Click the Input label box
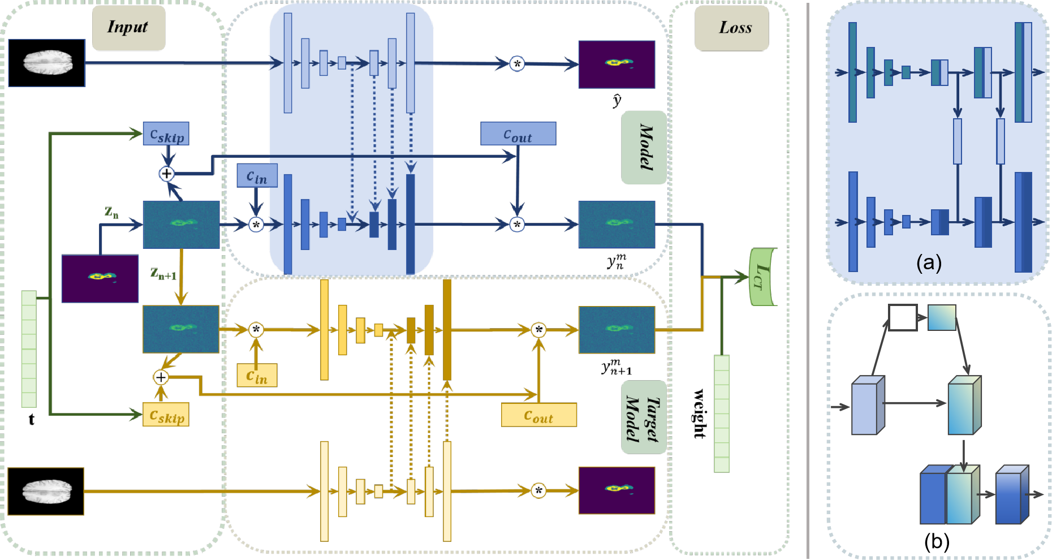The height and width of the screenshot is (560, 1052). click(128, 28)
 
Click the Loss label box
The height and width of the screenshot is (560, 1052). click(731, 28)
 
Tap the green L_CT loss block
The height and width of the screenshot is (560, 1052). click(762, 277)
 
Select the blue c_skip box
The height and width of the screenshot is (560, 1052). click(166, 134)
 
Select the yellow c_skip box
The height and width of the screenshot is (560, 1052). click(166, 415)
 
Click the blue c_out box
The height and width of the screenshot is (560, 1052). click(518, 134)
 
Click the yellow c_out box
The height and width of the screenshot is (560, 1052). click(538, 415)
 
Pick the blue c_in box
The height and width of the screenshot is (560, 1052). click(257, 175)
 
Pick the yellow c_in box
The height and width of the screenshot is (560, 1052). click(257, 376)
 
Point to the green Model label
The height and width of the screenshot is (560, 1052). click(644, 148)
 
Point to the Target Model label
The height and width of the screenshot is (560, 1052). click(644, 417)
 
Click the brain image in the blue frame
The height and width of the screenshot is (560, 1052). click(47, 63)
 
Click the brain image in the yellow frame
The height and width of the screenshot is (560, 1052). click(46, 492)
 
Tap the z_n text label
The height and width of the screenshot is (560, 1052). click(111, 212)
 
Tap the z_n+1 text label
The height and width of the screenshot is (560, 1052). click(163, 274)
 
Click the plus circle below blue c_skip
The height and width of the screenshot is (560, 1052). click(166, 174)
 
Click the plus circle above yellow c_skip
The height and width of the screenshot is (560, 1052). click(161, 377)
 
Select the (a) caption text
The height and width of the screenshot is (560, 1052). click(929, 262)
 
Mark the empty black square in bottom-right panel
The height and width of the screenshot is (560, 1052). click(902, 317)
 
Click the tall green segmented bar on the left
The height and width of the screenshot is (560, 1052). click(29, 349)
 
